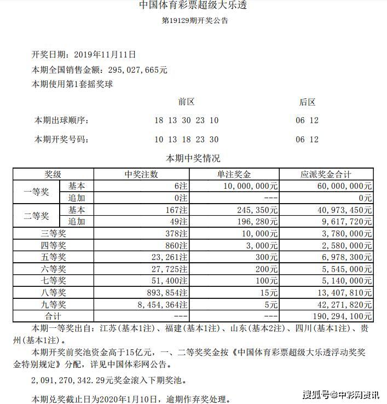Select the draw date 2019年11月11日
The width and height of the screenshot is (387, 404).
104,55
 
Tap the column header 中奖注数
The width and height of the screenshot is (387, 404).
141,175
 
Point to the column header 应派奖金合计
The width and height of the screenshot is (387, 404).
326,175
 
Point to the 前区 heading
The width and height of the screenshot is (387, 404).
187,102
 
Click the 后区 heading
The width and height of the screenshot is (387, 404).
307,102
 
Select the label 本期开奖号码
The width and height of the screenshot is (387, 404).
61,140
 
